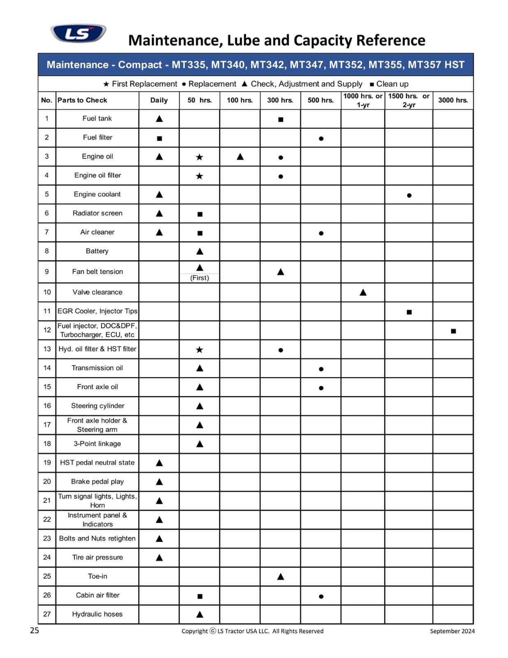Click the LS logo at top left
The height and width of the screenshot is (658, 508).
click(x=78, y=33)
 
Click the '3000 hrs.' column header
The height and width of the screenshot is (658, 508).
click(x=453, y=100)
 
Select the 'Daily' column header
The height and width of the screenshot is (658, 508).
click(x=159, y=100)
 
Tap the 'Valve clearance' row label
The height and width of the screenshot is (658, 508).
click(x=97, y=292)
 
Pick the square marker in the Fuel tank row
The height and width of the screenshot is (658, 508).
click(x=281, y=120)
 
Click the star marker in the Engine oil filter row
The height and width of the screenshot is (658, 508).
click(x=199, y=176)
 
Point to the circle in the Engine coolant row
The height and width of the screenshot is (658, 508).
click(x=409, y=195)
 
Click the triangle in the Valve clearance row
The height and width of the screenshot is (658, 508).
click(x=363, y=292)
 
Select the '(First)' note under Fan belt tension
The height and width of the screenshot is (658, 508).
click(x=199, y=278)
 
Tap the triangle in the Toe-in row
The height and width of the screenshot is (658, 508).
click(x=281, y=577)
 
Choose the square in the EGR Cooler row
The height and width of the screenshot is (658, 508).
click(x=409, y=312)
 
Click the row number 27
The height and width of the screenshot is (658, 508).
click(x=47, y=614)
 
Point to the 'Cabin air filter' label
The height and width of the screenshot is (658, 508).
click(x=97, y=595)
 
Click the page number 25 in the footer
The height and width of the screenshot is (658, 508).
click(x=35, y=630)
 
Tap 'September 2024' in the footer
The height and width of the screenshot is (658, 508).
click(x=452, y=631)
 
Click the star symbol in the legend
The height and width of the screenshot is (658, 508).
click(x=106, y=84)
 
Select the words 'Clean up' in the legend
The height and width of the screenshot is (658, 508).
click(x=393, y=84)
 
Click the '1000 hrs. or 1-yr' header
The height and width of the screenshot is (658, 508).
click(x=363, y=100)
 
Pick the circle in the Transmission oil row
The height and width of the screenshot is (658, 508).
click(x=321, y=369)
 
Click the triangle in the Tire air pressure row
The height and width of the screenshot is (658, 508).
click(x=159, y=558)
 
